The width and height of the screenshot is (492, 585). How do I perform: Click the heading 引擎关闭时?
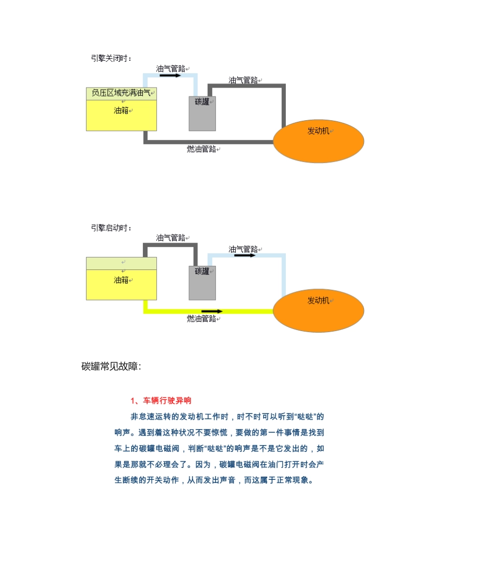[111, 58]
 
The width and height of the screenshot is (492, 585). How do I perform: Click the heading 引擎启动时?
[111, 227]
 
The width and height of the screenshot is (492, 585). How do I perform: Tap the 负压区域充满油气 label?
[121, 93]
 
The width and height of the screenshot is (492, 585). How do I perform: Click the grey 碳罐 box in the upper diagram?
[202, 114]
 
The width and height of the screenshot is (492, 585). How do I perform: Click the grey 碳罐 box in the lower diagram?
[202, 283]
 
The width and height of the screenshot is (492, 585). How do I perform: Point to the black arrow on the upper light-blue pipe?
[170, 76]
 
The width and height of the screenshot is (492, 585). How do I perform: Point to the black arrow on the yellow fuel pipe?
[212, 311]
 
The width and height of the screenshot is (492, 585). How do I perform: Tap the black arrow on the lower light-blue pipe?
[245, 255]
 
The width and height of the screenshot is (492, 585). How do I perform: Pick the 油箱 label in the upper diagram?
[121, 110]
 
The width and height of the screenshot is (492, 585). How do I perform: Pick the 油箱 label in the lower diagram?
[121, 280]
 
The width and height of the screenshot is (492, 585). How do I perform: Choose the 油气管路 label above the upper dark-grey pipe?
[243, 80]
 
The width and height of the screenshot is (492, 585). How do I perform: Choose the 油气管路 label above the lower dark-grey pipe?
[171, 238]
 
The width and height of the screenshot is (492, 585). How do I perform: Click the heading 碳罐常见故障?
[111, 366]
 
